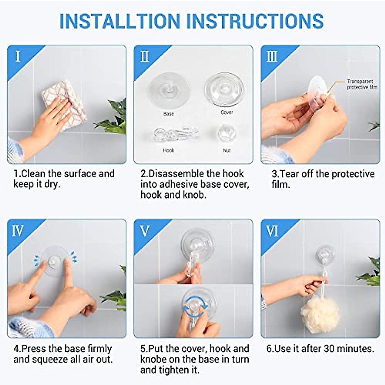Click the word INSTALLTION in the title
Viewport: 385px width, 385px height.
pos(120,21)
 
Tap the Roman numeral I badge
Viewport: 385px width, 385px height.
pos(18,56)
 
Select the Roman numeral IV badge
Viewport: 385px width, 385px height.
pos(18,231)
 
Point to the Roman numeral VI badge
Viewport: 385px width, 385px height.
pos(272,231)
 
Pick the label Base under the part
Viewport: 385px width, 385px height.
pos(168,114)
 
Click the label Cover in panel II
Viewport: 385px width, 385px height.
pos(227,112)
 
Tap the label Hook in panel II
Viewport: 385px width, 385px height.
pos(168,150)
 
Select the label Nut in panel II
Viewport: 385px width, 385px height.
pos(227,150)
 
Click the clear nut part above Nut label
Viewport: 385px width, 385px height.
pos(227,133)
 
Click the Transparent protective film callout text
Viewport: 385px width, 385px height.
pos(361,84)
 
